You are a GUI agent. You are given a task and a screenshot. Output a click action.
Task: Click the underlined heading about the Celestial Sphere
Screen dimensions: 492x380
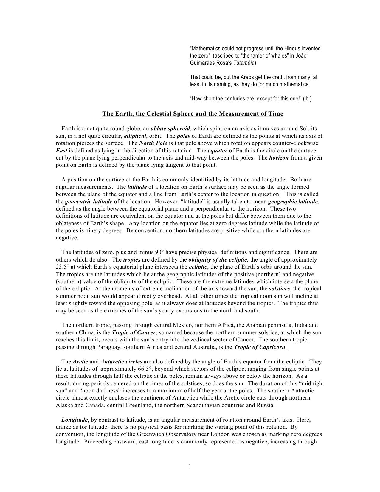click(193, 114)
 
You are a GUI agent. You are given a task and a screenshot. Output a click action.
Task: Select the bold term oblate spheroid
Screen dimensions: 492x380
click(170, 129)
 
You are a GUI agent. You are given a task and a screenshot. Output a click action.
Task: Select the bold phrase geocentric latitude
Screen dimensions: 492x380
click(89, 202)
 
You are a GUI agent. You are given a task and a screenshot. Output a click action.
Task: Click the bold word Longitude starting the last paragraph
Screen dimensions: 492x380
click(75, 420)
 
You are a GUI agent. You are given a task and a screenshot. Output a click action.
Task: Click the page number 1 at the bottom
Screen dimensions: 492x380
click(190, 466)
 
